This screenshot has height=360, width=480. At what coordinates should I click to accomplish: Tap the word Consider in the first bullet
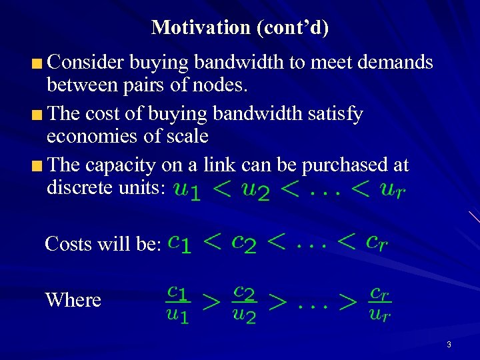(86, 63)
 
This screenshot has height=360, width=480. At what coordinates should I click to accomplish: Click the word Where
(73, 300)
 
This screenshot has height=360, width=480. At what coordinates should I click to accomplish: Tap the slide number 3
(449, 345)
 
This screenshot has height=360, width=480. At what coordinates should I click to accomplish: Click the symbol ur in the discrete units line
(391, 191)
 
